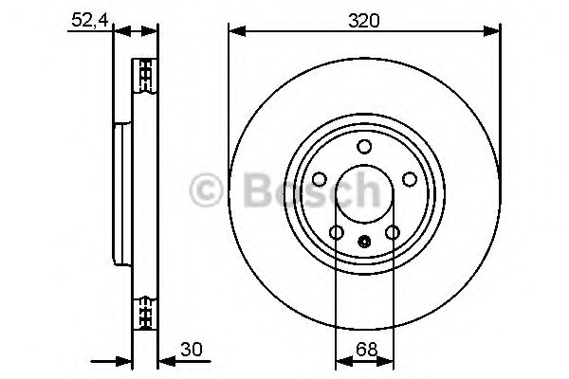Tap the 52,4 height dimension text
[86, 19]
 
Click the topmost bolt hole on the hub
[364, 147]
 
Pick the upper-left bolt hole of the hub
[319, 179]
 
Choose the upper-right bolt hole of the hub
[409, 179]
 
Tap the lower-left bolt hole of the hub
[336, 232]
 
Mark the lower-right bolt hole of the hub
[392, 232]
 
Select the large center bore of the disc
[364, 194]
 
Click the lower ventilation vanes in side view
[145, 311]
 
